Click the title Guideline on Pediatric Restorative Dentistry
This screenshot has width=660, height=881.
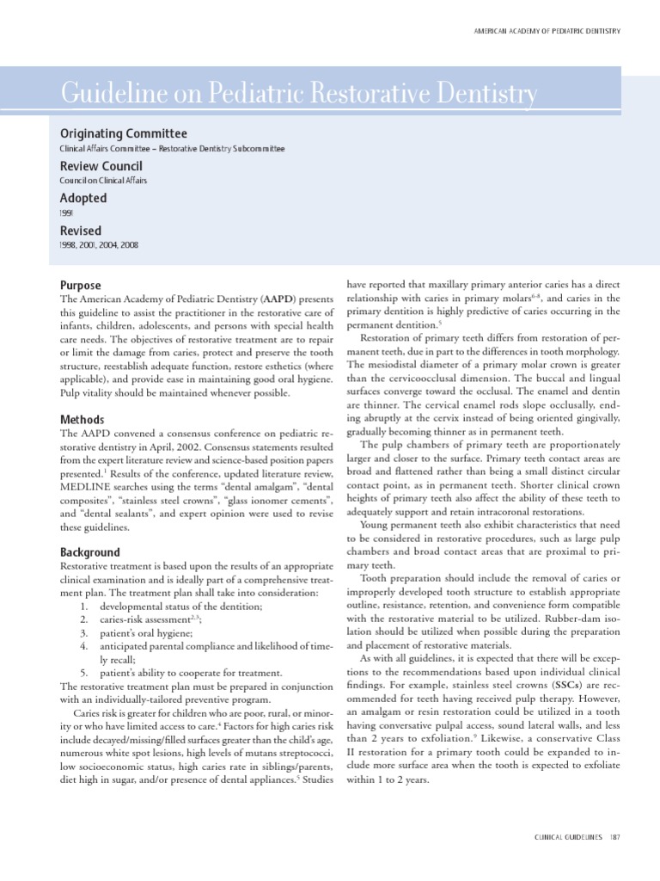pos(297,93)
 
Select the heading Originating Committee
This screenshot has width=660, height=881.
pos(122,133)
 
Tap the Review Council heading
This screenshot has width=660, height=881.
pos(101,165)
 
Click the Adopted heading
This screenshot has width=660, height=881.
pos(82,198)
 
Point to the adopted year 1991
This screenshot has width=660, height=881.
pos(66,213)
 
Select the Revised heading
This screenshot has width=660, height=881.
pos(80,231)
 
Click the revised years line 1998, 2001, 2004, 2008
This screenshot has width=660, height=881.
pos(98,245)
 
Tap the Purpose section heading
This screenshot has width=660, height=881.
pos(80,286)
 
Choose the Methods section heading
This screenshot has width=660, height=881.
pos(82,419)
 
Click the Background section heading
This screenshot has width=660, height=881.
pos(90,552)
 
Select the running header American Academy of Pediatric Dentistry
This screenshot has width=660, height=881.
pos(547,31)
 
